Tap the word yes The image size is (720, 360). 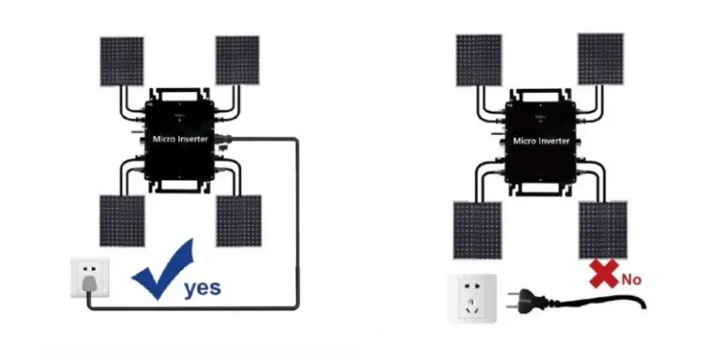pos(202,288)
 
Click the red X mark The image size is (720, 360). pos(604,274)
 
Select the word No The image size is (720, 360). pos(631,279)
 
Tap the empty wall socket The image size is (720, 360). pos(472,298)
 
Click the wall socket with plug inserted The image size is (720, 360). pos(90,277)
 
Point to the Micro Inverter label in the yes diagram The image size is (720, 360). pos(180,139)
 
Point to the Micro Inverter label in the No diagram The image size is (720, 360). pos(541,141)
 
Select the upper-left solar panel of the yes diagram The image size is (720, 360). pos(122,61)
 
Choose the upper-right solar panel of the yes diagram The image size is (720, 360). pos(237,60)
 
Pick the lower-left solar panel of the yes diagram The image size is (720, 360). pos(122,221)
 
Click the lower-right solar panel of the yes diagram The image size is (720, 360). pos(239,221)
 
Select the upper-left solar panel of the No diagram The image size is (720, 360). pos(479,60)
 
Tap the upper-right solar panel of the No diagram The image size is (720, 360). pos(601,59)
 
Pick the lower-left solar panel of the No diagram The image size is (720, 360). pos(477,230)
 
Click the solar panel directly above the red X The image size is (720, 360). pos(603,230)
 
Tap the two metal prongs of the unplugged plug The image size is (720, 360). pos(513,300)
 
